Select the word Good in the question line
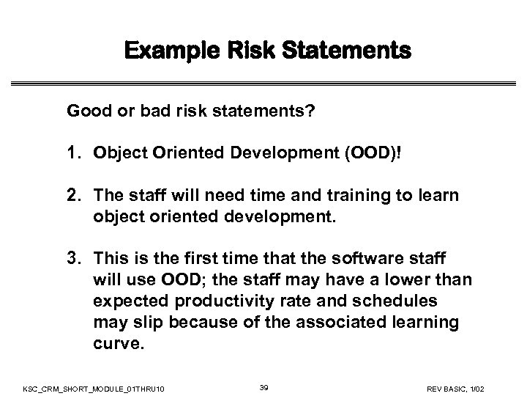(x=84, y=112)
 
